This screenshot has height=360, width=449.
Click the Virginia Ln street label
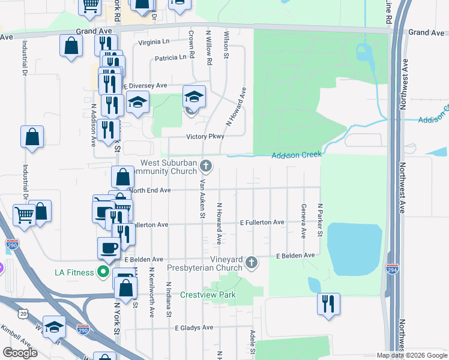tap(154, 42)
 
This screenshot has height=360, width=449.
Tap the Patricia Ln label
tap(170, 58)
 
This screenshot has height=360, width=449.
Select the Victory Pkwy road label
tap(205, 136)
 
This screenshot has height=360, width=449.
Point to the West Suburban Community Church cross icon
tap(206, 165)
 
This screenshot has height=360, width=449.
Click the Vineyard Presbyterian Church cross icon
tap(252, 262)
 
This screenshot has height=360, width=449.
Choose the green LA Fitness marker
tap(103, 272)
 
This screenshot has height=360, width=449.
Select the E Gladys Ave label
tap(194, 328)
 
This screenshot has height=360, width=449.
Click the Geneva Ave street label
tap(303, 220)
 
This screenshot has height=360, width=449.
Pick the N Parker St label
tap(321, 220)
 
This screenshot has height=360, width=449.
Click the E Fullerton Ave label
tap(262, 223)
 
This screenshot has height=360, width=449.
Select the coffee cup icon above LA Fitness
tap(109, 247)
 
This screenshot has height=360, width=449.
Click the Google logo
tap(20, 353)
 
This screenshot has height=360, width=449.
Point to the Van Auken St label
tap(203, 199)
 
